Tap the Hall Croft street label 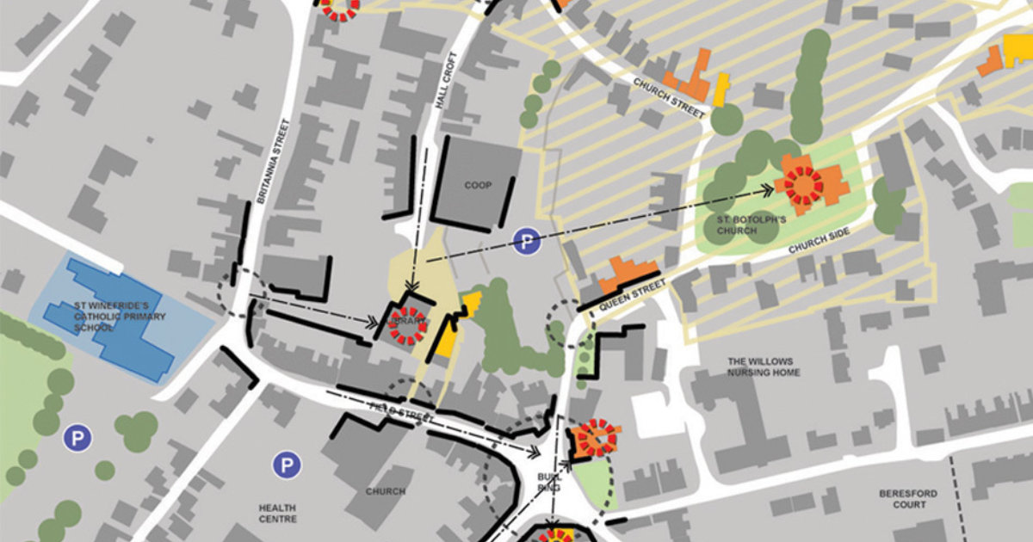click(x=446, y=82)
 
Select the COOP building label click(x=477, y=185)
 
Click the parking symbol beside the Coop click(x=526, y=242)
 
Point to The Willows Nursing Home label click(x=764, y=367)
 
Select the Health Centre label click(x=277, y=514)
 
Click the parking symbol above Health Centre click(x=287, y=465)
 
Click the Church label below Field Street click(x=385, y=491)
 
